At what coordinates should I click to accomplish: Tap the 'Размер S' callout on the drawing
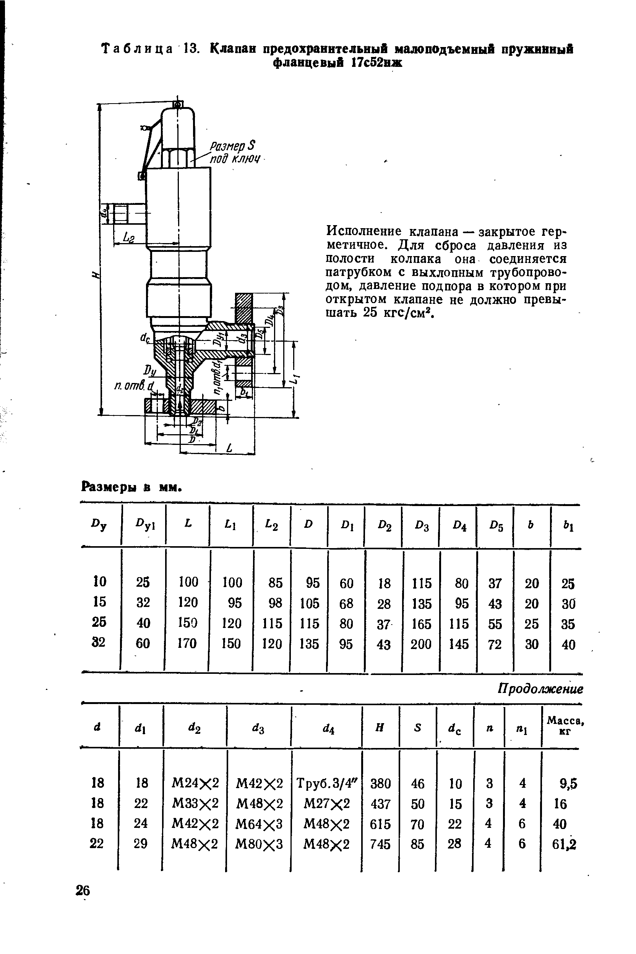233,145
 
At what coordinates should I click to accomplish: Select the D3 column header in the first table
422,526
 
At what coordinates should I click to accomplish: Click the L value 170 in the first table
187,643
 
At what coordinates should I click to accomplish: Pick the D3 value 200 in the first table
421,644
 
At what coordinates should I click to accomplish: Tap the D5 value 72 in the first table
495,644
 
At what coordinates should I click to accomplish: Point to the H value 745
380,844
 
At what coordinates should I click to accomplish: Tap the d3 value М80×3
259,844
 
